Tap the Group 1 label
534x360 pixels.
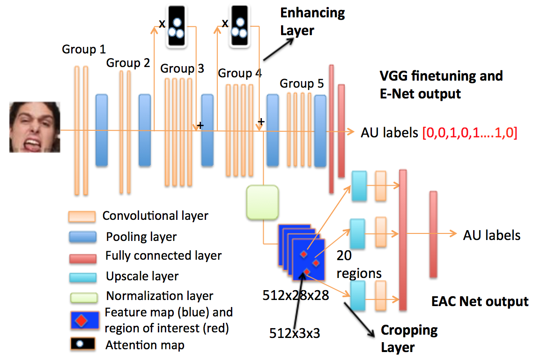(84, 49)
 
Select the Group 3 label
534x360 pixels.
(182, 69)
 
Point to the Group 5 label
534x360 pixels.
(302, 84)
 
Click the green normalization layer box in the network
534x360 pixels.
(262, 202)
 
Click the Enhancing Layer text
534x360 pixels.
(312, 22)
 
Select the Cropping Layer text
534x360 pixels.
(408, 338)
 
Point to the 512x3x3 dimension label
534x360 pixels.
(297, 333)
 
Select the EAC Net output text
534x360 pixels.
(480, 301)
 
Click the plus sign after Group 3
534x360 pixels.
(200, 126)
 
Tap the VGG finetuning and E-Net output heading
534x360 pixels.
(441, 84)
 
